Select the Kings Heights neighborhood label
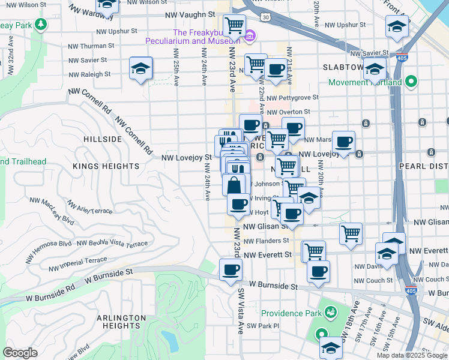tap(106, 166)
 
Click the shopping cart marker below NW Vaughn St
tap(234, 26)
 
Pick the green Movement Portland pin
tap(411, 81)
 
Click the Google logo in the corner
tap(20, 353)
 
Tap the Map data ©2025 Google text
tap(411, 355)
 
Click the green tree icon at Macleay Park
tap(41, 25)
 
